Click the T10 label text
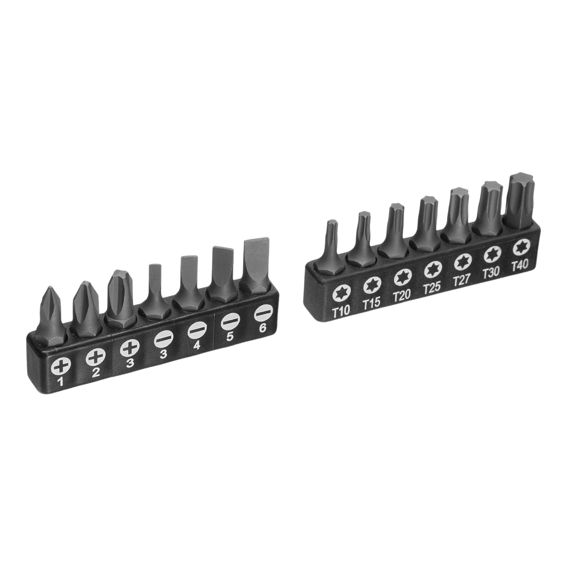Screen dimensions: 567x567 [x=341, y=310]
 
